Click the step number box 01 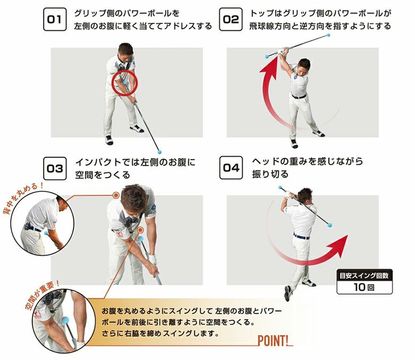pyautogui.click(x=54, y=19)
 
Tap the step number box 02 pyautogui.click(x=231, y=19)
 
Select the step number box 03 pyautogui.click(x=55, y=169)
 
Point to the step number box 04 pyautogui.click(x=231, y=168)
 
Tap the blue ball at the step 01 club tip pyautogui.click(x=159, y=152)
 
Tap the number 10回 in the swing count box pyautogui.click(x=364, y=287)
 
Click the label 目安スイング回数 pyautogui.click(x=364, y=275)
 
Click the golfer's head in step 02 pyautogui.click(x=303, y=66)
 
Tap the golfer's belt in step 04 pyautogui.click(x=301, y=236)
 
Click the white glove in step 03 pyautogui.click(x=153, y=259)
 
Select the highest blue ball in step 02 pyautogui.click(x=328, y=35)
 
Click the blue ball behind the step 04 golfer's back pyautogui.click(x=329, y=225)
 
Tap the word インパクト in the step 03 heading pyautogui.click(x=98, y=162)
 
